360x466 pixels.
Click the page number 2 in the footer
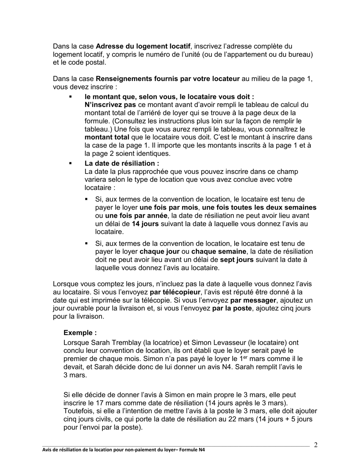point(316,445)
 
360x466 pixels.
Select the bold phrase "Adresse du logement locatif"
point(143,46)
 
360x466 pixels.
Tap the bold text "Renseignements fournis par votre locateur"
point(167,79)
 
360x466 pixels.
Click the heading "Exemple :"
point(80,333)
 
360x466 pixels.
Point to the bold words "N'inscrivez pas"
point(110,105)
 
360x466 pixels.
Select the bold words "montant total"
point(106,138)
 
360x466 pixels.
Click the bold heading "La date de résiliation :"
point(122,163)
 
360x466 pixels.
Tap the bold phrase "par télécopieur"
point(175,292)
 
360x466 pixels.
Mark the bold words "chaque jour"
point(160,252)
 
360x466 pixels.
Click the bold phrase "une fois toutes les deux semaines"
point(259,207)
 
